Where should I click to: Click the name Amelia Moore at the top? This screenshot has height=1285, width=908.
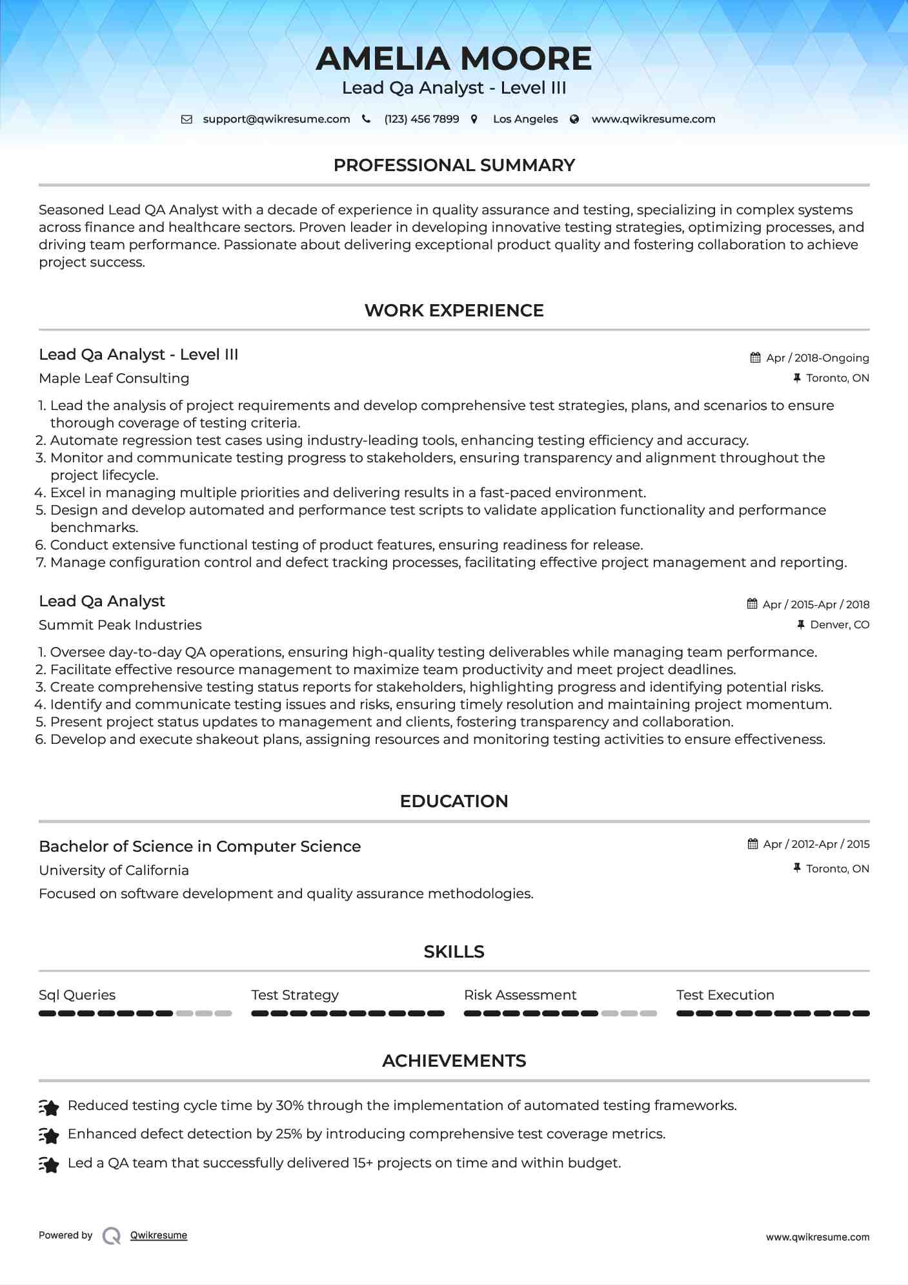point(454,59)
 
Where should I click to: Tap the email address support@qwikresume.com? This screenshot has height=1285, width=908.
point(276,119)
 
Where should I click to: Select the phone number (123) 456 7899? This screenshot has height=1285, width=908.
point(421,119)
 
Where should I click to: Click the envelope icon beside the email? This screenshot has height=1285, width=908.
point(187,119)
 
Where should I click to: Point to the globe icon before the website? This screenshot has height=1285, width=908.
point(574,119)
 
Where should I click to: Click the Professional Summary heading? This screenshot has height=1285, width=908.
point(454,165)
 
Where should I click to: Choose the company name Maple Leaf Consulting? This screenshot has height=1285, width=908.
point(114,378)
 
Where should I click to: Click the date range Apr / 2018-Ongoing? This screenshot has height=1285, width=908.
point(817,358)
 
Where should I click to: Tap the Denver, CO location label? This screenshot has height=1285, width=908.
point(840,625)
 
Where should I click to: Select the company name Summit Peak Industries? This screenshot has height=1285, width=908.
point(120,625)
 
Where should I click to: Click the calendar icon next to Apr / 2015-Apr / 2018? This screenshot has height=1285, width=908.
point(752,604)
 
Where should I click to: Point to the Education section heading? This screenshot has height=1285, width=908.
point(454,801)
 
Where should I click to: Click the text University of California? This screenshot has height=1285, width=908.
point(114,870)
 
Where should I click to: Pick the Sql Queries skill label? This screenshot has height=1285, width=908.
point(77,995)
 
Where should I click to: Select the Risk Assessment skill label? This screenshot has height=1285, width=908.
point(520,995)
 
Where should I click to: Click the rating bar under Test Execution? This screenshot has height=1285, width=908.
point(772,1014)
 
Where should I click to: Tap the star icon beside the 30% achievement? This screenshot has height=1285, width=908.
point(49,1107)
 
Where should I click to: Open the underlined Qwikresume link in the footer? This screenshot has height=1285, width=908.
point(159,1235)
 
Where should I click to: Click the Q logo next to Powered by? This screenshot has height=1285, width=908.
point(112,1236)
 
